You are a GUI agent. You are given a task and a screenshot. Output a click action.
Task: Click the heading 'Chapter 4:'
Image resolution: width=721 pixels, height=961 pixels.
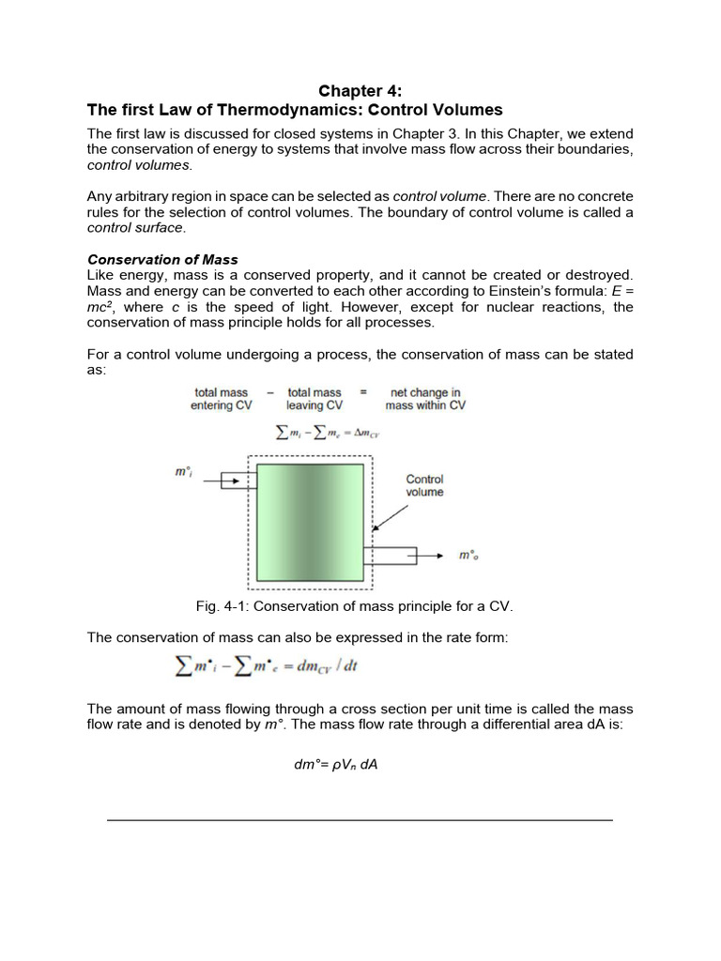coord(360,90)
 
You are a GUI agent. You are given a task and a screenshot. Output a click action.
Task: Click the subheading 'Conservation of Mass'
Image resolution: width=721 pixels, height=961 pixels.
coord(162,259)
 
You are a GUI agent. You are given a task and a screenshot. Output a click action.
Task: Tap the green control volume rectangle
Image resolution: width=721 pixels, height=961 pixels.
coord(310,522)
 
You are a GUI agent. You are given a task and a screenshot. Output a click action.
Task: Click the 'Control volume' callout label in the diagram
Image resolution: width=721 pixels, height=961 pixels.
coord(424,485)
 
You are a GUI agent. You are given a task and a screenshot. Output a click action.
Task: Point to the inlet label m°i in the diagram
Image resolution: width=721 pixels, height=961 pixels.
coord(184,472)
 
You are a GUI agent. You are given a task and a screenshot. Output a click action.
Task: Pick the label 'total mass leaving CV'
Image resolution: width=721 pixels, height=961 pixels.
coord(314,399)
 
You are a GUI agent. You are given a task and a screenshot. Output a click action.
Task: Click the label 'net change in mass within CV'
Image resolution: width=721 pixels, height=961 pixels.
coord(425,399)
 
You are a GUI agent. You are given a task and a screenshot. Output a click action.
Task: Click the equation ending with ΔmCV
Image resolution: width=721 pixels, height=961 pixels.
coord(326,433)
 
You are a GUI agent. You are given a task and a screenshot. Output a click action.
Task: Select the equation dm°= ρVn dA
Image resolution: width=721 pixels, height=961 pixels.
coord(335,764)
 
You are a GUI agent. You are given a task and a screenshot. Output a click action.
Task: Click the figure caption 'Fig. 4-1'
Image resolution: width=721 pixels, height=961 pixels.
coord(354,606)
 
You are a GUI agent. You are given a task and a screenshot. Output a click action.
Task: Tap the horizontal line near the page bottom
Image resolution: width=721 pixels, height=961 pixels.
coord(360,820)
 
